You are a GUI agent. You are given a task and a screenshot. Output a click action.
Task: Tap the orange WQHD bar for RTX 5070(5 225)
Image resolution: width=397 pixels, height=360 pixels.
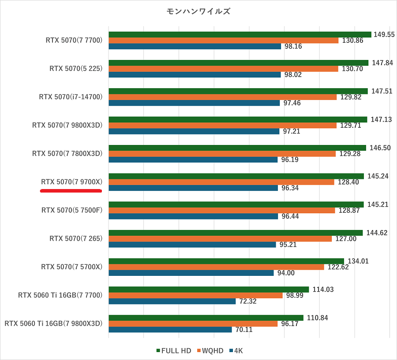223,69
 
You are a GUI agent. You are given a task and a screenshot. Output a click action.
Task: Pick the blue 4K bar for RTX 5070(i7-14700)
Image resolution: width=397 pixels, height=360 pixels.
194,103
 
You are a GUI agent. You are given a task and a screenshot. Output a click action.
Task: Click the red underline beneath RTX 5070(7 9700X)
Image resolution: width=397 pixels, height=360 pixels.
71,191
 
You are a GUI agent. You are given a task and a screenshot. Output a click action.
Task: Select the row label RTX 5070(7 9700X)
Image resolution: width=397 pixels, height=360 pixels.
72,182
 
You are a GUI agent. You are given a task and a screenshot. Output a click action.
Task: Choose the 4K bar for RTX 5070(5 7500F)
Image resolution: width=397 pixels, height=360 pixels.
193,216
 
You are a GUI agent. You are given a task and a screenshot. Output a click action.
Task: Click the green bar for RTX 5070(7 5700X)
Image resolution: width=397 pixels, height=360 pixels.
226,261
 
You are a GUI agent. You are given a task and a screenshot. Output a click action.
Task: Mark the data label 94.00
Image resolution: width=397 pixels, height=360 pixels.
286,273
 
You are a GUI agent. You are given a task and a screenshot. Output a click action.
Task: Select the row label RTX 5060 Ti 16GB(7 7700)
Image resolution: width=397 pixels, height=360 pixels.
60,295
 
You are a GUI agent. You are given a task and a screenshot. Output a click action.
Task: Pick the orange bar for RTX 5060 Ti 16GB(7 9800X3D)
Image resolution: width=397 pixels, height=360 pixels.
193,323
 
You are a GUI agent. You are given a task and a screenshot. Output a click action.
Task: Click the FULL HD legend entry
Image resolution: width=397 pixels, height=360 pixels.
173,351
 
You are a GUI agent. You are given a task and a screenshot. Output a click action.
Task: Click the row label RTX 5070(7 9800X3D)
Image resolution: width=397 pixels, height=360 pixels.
67,125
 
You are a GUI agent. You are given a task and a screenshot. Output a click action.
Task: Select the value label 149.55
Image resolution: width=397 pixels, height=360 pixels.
384,34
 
